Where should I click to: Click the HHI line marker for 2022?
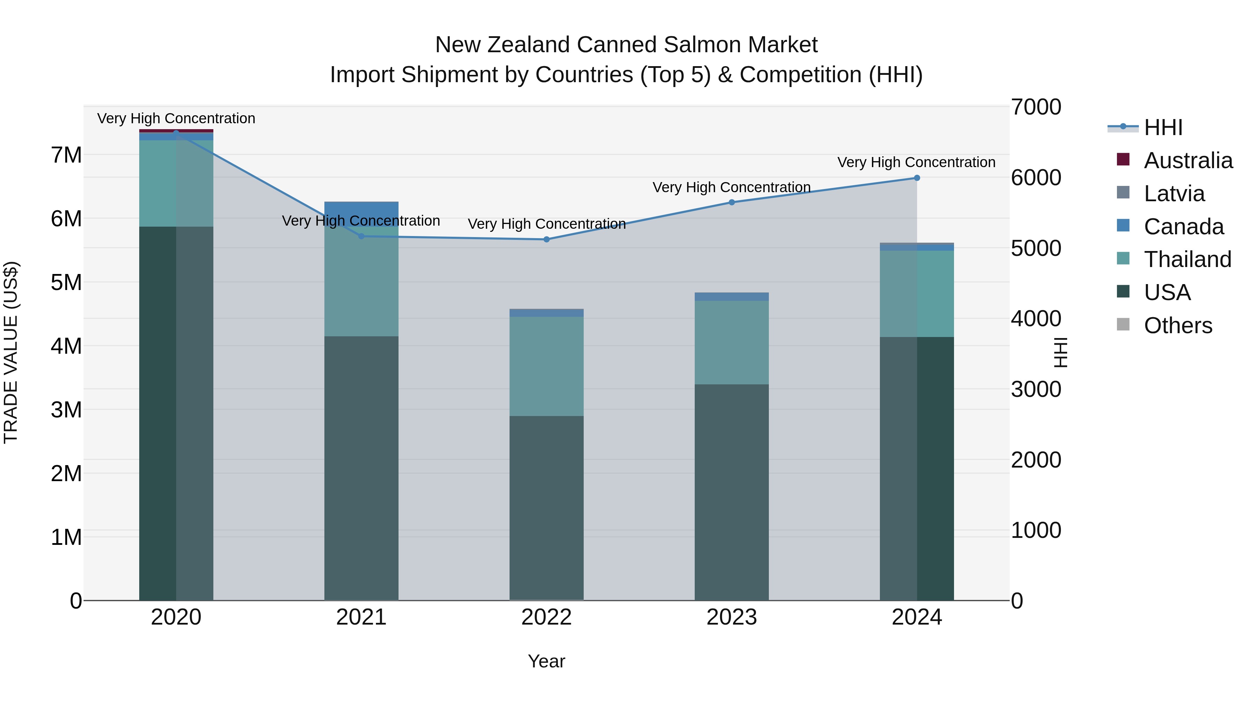pos(546,240)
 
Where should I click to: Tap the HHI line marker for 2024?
pos(917,178)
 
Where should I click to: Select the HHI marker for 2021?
pos(361,236)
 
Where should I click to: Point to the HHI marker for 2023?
pos(732,202)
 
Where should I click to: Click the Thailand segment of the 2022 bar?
pos(546,366)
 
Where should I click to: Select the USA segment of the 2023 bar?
pos(732,491)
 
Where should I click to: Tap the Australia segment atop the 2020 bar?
pos(176,131)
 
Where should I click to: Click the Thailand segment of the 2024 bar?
pos(917,293)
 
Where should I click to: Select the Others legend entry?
pos(1177,326)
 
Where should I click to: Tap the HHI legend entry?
pos(1163,127)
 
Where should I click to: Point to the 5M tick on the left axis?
pos(66,283)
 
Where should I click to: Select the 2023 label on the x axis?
pos(732,617)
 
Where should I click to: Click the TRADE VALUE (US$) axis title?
pos(11,352)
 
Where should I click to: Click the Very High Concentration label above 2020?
pos(176,118)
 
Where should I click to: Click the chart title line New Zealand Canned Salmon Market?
pos(626,45)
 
